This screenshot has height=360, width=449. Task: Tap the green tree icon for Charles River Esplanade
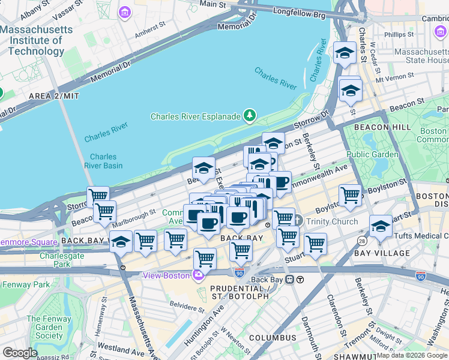(249, 116)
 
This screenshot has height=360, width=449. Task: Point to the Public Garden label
(372, 154)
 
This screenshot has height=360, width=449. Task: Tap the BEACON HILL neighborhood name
(382, 127)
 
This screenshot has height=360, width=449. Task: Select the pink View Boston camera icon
(198, 275)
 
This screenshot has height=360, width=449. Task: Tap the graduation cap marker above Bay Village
(381, 226)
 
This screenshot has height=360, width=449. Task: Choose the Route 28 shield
(362, 240)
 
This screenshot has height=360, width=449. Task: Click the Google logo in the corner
(20, 353)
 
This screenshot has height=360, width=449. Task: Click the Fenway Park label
(25, 284)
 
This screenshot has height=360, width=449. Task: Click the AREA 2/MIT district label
(54, 95)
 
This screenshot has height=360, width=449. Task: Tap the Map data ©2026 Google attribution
(412, 355)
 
